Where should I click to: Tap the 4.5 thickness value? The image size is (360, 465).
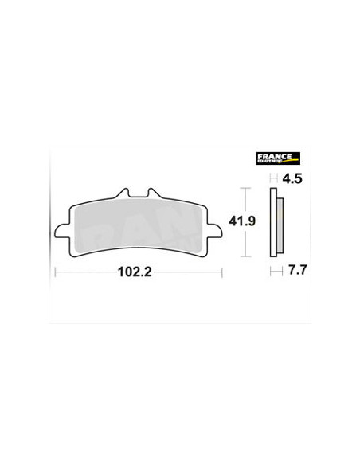pyautogui.click(x=292, y=179)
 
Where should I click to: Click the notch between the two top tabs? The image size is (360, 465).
pyautogui.click(x=138, y=196)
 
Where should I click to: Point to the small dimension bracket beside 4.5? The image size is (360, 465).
pyautogui.click(x=273, y=179)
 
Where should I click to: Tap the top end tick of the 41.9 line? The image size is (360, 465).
pyautogui.click(x=246, y=188)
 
